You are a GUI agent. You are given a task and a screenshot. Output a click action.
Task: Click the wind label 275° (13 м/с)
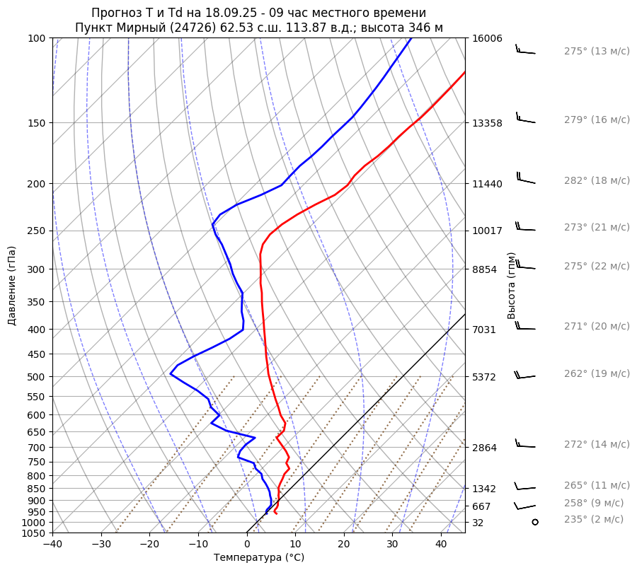click(596, 52)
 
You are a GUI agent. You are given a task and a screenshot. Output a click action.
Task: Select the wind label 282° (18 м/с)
click(596, 181)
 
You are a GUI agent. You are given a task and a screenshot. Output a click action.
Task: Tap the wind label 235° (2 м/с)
click(593, 520)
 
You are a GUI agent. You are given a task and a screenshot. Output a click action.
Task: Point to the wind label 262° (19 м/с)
click(596, 374)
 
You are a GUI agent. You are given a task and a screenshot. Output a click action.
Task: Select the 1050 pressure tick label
click(33, 533)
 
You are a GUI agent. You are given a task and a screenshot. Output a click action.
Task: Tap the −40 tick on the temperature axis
click(52, 545)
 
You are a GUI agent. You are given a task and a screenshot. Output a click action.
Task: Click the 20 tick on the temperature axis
click(344, 545)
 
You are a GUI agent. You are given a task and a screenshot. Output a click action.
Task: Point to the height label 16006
click(487, 39)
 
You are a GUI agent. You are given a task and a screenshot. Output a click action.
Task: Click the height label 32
click(478, 523)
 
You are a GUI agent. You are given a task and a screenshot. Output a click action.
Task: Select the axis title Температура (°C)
click(259, 558)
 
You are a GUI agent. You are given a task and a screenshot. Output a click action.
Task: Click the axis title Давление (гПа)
click(11, 286)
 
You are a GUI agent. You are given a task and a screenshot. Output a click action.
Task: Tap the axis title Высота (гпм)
click(512, 286)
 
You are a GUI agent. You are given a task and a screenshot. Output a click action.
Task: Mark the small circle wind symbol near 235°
click(535, 522)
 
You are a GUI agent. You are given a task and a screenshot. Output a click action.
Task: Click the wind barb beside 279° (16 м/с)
click(524, 119)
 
